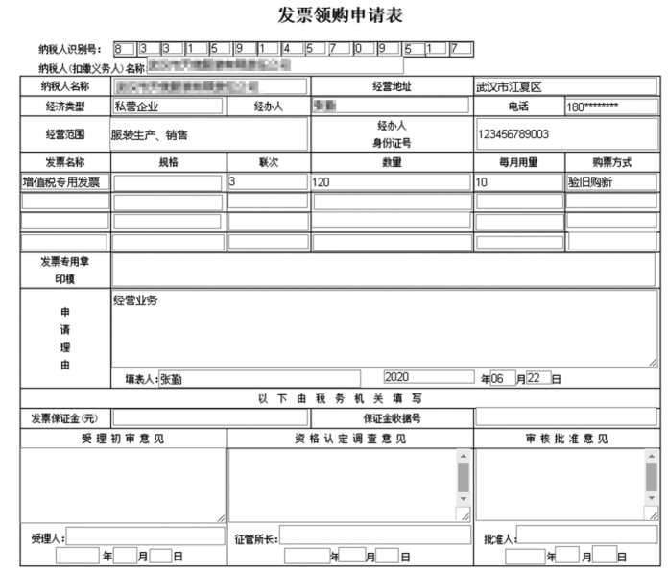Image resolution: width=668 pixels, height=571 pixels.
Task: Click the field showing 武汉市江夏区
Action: click(x=565, y=86)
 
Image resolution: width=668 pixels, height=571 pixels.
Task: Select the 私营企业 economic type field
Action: click(x=167, y=106)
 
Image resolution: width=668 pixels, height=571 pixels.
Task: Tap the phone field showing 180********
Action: click(x=610, y=107)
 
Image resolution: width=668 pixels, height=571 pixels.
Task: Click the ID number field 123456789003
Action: click(x=565, y=133)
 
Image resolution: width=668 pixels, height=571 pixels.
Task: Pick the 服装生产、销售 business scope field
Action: click(x=208, y=134)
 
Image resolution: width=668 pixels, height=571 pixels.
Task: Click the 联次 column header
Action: click(x=268, y=162)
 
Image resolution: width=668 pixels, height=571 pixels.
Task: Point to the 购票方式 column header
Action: click(x=611, y=162)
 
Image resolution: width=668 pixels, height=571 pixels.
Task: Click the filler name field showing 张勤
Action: click(x=258, y=378)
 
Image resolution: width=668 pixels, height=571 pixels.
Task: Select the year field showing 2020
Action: click(x=428, y=377)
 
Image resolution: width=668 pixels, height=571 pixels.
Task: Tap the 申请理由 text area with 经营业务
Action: click(x=384, y=327)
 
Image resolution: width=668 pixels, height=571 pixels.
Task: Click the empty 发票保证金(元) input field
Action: click(x=209, y=417)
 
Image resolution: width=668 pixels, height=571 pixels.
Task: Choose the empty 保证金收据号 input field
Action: click(x=565, y=417)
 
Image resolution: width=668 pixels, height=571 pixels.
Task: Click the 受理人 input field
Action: click(x=144, y=535)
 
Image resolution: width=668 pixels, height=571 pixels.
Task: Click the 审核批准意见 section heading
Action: click(x=565, y=439)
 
